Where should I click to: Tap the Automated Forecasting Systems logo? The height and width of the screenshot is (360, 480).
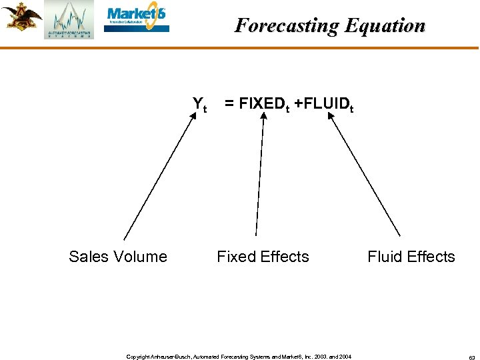tap(69, 20)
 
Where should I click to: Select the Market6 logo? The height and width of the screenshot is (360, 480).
tap(137, 19)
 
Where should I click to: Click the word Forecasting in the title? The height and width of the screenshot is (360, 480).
tap(287, 25)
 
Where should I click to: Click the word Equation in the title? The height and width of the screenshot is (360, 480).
tap(385, 25)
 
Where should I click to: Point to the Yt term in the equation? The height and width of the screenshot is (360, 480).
tap(199, 104)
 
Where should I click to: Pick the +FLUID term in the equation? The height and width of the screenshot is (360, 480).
tap(325, 104)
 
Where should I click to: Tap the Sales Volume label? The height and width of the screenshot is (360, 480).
tap(118, 257)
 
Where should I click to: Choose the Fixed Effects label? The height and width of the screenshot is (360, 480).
tap(263, 257)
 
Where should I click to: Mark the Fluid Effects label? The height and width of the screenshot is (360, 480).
tap(411, 257)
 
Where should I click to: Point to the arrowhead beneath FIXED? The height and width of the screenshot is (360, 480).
tap(264, 117)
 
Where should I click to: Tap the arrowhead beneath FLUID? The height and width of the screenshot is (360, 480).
tap(331, 117)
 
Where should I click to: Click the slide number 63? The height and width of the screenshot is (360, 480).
tap(471, 357)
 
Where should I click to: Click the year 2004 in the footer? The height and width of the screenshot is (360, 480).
tap(344, 357)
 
